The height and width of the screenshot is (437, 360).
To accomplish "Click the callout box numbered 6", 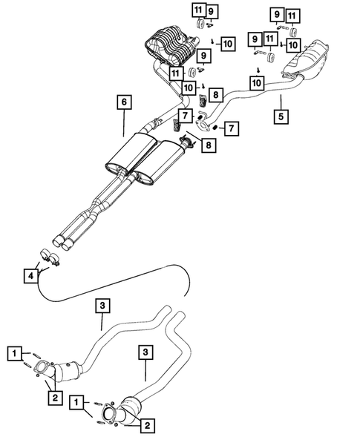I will pos(124,102).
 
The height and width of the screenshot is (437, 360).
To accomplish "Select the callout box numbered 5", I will pos(281,116).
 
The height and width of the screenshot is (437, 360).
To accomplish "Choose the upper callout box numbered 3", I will pos(103,305).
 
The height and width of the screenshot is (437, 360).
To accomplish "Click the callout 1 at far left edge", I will pos(14,355).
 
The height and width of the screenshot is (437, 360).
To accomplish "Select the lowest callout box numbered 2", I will pos(148,425).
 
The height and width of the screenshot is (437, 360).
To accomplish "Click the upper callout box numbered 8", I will pos(215,94).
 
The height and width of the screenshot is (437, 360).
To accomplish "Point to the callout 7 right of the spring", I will pos(232,129).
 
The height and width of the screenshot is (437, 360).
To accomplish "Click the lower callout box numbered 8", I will pos(208,146).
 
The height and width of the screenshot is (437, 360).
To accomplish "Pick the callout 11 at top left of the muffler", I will pos(197,10).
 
